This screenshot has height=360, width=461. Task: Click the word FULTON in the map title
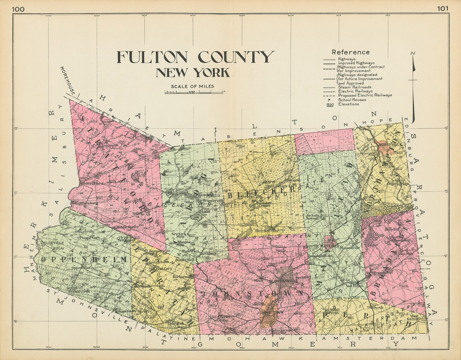click(152, 57)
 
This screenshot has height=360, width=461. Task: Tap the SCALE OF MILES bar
click(193, 93)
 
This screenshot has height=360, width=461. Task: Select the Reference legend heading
click(350, 52)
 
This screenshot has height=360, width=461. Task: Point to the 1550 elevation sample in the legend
click(330, 104)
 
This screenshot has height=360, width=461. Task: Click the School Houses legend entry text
click(352, 100)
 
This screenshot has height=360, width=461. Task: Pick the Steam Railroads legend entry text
click(355, 87)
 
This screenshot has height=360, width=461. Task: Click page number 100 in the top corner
click(18, 8)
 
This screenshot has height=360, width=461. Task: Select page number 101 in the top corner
click(442, 8)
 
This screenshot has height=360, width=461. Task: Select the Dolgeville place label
click(52, 243)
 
